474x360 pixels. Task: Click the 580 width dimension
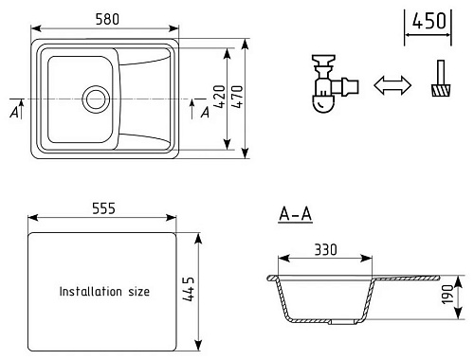107,19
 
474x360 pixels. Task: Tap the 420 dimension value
220,97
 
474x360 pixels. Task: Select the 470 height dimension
237,97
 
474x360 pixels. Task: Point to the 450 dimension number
428,21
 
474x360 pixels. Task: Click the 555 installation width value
103,208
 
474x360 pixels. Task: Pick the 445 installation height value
189,289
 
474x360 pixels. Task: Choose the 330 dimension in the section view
326,250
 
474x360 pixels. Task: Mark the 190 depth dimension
447,295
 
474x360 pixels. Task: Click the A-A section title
296,214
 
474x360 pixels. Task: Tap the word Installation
91,291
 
